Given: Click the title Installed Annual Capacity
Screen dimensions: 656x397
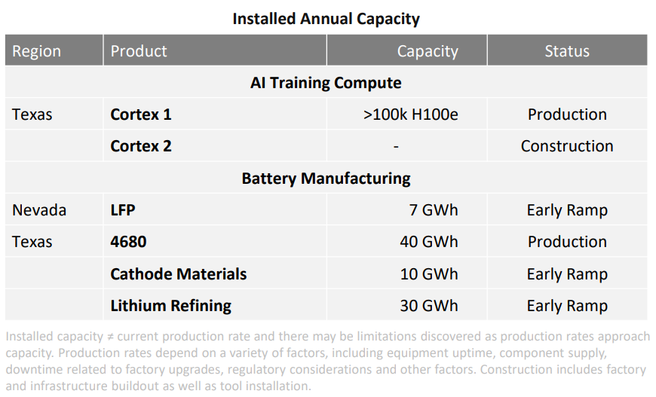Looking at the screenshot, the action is click(326, 19).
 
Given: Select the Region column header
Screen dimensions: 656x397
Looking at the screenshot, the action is click(37, 51).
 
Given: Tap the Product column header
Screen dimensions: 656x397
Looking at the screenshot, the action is click(139, 51).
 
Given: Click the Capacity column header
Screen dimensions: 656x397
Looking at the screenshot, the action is click(428, 51).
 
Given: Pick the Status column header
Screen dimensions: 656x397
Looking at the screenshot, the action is click(567, 51).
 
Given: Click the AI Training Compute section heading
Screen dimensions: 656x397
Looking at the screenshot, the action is click(326, 83).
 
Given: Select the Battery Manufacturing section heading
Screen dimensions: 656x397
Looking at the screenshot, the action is click(326, 179).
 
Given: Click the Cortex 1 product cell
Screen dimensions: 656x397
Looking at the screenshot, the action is click(141, 115).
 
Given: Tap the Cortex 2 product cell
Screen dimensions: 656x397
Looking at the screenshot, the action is click(141, 146).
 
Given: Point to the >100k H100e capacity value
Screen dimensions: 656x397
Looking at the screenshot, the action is click(411, 115).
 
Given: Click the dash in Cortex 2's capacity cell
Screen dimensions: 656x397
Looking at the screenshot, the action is click(396, 147).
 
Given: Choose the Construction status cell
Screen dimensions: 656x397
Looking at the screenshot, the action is click(567, 146).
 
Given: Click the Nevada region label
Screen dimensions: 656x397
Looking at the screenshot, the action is click(39, 210).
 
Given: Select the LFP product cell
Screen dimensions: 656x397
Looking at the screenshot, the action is click(123, 210).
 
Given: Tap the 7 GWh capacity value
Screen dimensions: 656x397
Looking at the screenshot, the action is click(434, 210).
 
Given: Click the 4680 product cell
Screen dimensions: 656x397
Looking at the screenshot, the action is click(128, 242).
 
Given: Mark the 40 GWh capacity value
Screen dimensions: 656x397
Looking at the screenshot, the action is click(429, 242).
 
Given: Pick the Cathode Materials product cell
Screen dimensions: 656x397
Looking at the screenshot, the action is click(179, 274).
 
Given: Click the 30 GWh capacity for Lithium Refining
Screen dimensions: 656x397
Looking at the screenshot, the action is click(429, 306).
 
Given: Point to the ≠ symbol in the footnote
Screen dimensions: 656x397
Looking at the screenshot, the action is click(109, 337).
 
